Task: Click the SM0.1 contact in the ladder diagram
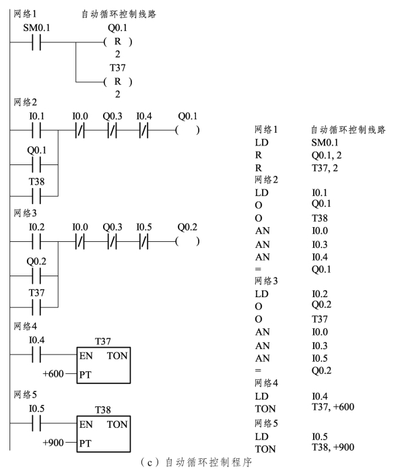pos(36,42)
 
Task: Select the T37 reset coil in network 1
pos(118,82)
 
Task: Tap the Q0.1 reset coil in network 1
pos(118,42)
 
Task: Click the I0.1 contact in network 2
pos(36,130)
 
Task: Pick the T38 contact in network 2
pos(36,196)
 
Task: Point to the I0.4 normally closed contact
pos(144,130)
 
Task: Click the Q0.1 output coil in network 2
pos(187,130)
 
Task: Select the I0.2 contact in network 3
pos(36,241)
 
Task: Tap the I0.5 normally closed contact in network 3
pos(144,241)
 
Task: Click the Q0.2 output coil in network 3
pos(187,241)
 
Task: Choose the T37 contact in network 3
pos(36,307)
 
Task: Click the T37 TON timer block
pos(104,365)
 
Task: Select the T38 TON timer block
pos(104,434)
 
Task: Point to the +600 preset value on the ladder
pos(53,374)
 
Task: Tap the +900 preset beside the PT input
pos(53,443)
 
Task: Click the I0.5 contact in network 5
pos(36,423)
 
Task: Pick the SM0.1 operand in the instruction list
pos(325,142)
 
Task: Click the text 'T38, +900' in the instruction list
pos(333,447)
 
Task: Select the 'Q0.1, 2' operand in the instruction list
pos(327,155)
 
